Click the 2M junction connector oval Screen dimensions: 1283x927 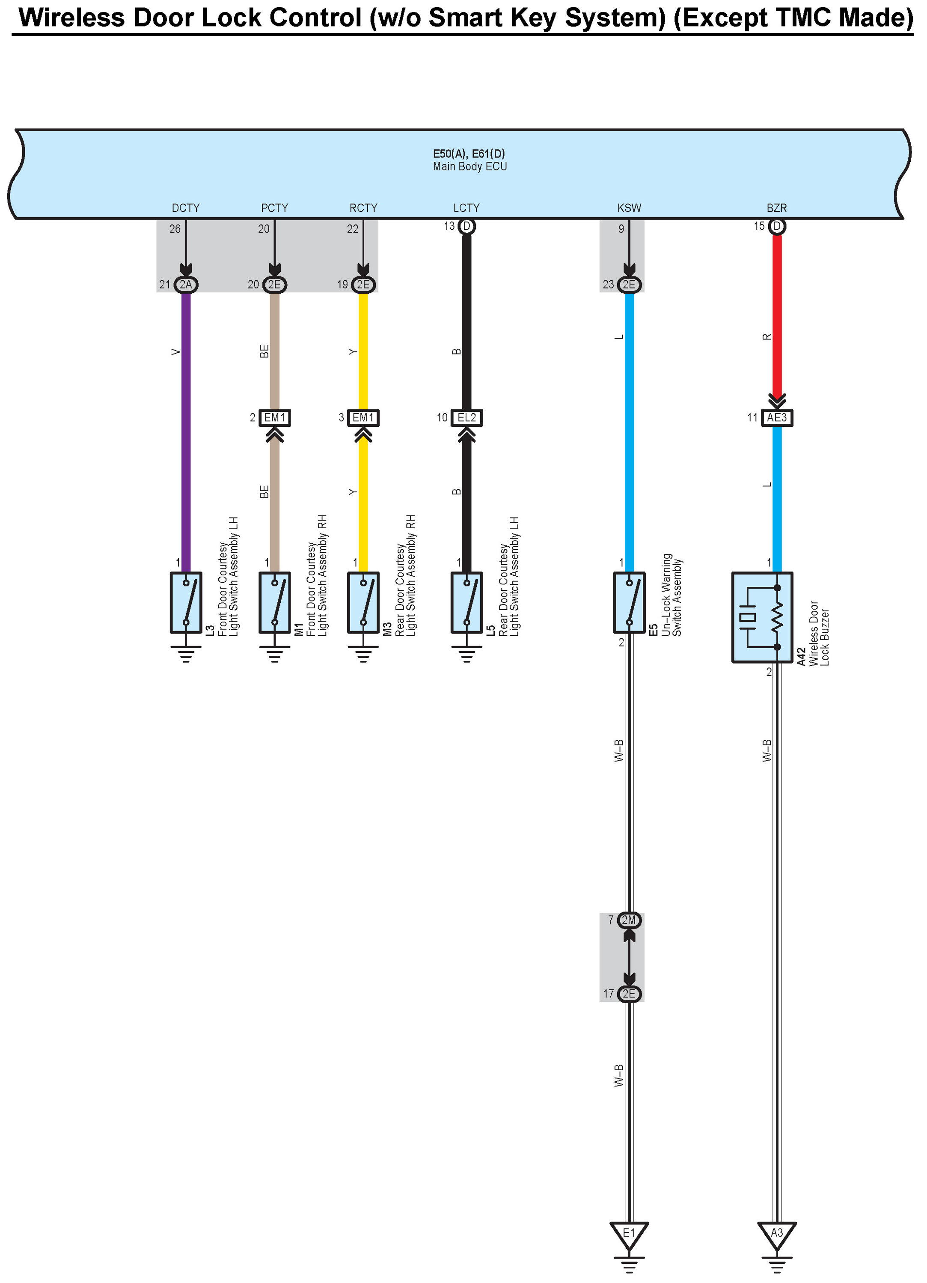tap(629, 920)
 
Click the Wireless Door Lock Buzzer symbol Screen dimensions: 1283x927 tap(762, 617)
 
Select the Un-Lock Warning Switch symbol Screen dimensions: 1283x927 tap(629, 602)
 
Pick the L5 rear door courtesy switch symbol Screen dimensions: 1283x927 tap(466, 602)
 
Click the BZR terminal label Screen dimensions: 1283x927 tap(776, 208)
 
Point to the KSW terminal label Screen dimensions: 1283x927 tap(629, 208)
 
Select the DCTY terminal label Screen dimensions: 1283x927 tap(185, 208)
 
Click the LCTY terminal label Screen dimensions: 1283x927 tap(466, 208)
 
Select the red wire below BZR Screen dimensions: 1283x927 tap(777, 317)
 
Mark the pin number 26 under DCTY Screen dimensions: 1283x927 tap(175, 229)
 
